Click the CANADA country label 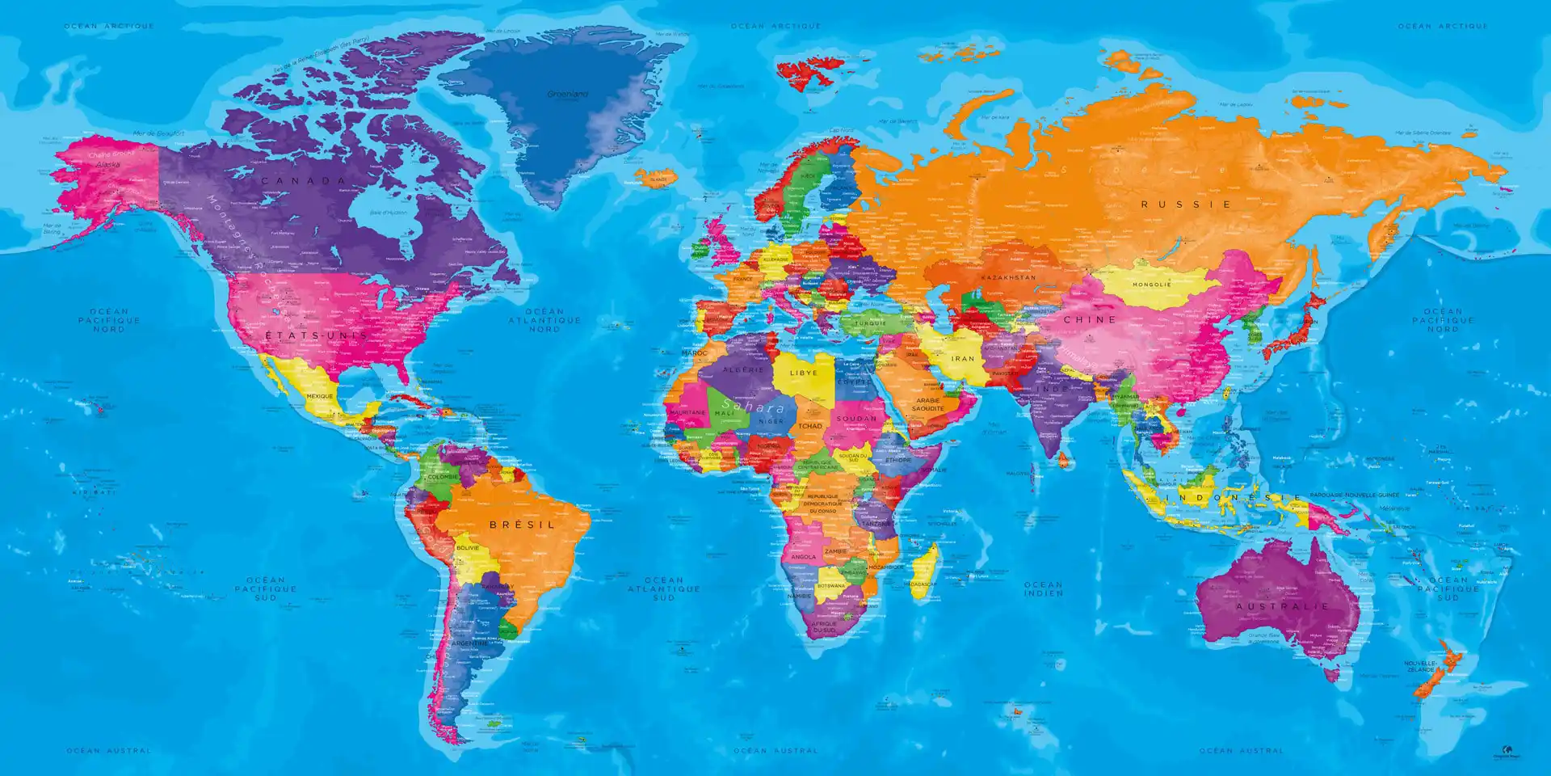pyautogui.click(x=304, y=180)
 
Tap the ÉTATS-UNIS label pyautogui.click(x=317, y=335)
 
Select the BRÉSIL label pyautogui.click(x=523, y=525)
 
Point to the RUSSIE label pyautogui.click(x=1186, y=205)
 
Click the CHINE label pyautogui.click(x=1090, y=320)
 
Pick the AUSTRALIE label pyautogui.click(x=1282, y=606)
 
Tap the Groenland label pyautogui.click(x=567, y=95)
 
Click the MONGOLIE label pyautogui.click(x=1152, y=285)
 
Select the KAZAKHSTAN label pyautogui.click(x=1008, y=277)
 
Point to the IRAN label pyautogui.click(x=963, y=358)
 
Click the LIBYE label pyautogui.click(x=804, y=373)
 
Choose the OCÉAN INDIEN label pyautogui.click(x=1044, y=588)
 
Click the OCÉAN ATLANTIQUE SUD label pyautogui.click(x=664, y=588)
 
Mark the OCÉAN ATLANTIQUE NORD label pyautogui.click(x=544, y=320)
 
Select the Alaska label pyautogui.click(x=107, y=164)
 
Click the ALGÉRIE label pyautogui.click(x=743, y=369)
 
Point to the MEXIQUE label pyautogui.click(x=320, y=396)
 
